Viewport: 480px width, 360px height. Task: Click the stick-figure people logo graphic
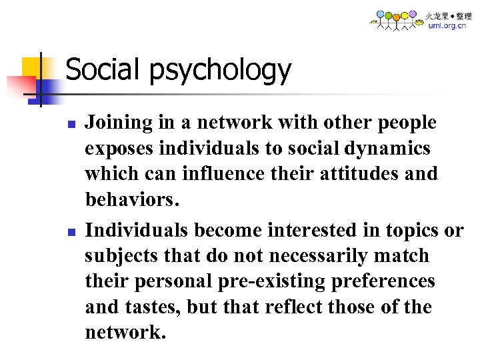pos(397,20)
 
